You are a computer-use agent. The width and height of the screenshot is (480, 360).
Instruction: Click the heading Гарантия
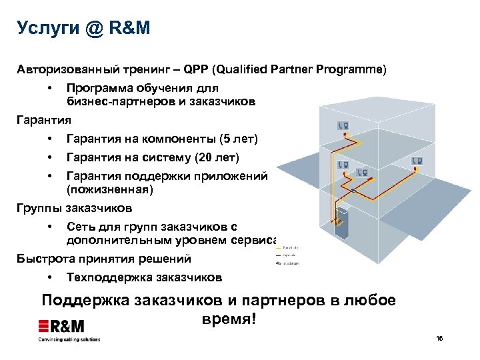click(43, 121)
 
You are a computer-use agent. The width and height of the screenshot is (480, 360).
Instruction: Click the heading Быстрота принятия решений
click(103, 259)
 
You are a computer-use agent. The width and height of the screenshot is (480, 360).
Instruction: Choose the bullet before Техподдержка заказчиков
click(50, 277)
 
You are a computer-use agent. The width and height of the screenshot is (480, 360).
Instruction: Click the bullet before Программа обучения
click(50, 88)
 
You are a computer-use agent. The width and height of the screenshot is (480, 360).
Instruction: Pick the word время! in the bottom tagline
click(227, 319)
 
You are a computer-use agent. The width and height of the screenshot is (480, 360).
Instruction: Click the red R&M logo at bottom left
click(61, 327)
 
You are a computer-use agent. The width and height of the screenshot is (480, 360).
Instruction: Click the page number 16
click(439, 339)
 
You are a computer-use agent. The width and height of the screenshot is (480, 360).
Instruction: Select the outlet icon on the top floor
click(345, 125)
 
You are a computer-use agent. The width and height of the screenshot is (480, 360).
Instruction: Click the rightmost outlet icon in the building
click(419, 161)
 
